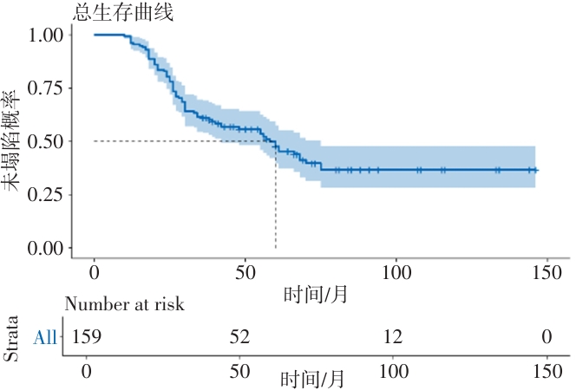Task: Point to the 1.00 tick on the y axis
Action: [46, 35]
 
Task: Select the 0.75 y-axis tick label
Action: [46, 88]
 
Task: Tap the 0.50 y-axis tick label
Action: [46, 141]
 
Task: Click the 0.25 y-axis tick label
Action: [46, 195]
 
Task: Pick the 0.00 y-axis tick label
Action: [46, 248]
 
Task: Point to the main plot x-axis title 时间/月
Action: [316, 295]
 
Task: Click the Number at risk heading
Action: [125, 304]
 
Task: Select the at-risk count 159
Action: [86, 335]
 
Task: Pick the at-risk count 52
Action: [240, 335]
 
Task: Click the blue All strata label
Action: [45, 337]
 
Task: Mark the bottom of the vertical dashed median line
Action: [275, 247]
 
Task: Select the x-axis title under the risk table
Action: [312, 379]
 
